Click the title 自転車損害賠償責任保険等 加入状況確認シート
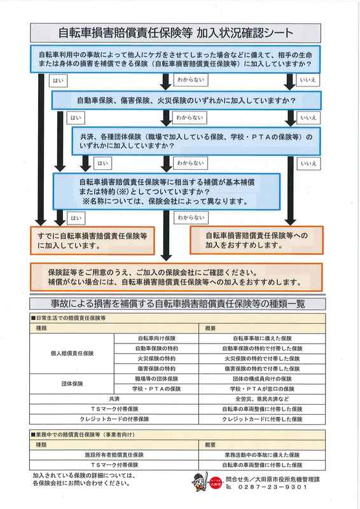[176, 33]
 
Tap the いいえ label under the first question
[308, 80]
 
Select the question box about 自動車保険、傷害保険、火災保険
[186, 101]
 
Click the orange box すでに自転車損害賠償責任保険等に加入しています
[92, 241]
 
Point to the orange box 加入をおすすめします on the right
[256, 240]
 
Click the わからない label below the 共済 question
[191, 163]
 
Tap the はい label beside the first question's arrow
[58, 81]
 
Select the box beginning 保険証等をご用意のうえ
[176, 277]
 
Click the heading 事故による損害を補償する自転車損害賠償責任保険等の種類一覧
[177, 304]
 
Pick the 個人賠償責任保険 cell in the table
[72, 354]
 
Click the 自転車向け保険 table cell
[156, 338]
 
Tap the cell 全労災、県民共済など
[262, 399]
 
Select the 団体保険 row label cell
[72, 384]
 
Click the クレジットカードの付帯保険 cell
[114, 419]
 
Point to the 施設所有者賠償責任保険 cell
[114, 455]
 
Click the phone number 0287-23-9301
[272, 487]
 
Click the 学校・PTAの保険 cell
[156, 389]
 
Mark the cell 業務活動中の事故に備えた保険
[262, 455]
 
